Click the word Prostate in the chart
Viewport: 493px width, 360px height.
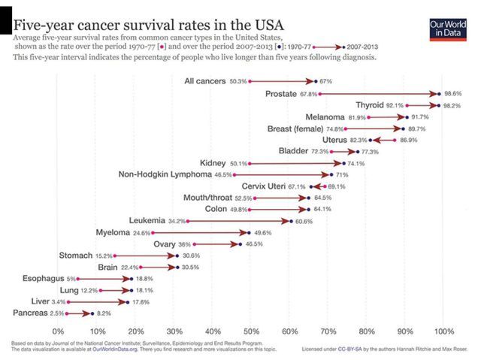click(x=281, y=93)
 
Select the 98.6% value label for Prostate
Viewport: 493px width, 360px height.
click(x=454, y=94)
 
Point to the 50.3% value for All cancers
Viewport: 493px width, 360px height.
click(x=238, y=81)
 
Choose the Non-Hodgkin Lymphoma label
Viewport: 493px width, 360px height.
click(x=165, y=174)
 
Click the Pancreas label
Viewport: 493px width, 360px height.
click(x=33, y=313)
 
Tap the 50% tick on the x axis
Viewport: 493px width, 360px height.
click(x=250, y=331)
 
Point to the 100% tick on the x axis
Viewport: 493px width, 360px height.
click(x=443, y=331)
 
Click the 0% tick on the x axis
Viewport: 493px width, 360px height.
click(x=58, y=331)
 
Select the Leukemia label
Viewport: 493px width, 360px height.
click(x=147, y=221)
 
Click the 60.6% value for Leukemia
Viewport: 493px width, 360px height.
click(x=303, y=222)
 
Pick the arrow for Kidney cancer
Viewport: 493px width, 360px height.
click(x=296, y=163)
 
